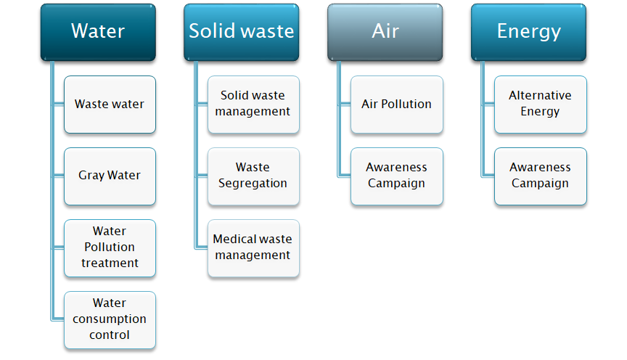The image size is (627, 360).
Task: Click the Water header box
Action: click(x=98, y=33)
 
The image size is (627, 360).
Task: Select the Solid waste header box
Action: click(x=242, y=33)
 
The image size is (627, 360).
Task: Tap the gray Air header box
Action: click(x=385, y=33)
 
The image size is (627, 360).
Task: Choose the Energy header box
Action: click(x=528, y=33)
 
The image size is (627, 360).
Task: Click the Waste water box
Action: click(x=110, y=105)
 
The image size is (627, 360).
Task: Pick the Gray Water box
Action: click(x=110, y=176)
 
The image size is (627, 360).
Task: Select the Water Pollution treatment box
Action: click(x=110, y=248)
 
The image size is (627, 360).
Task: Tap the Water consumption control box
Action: click(x=110, y=320)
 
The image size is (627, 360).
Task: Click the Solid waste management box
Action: click(x=253, y=105)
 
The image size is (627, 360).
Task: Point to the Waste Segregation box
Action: click(x=253, y=176)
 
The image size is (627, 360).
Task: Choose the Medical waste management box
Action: click(x=253, y=248)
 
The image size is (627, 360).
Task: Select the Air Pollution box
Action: click(x=397, y=105)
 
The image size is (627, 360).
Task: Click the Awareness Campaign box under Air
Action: click(x=397, y=176)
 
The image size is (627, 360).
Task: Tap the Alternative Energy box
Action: click(x=541, y=105)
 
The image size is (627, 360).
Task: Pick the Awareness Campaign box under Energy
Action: click(x=541, y=176)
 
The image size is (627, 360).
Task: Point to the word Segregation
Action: click(x=253, y=184)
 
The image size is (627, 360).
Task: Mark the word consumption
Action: click(x=110, y=319)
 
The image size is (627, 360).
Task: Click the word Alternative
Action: click(x=540, y=95)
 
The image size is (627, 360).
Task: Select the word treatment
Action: click(x=110, y=263)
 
